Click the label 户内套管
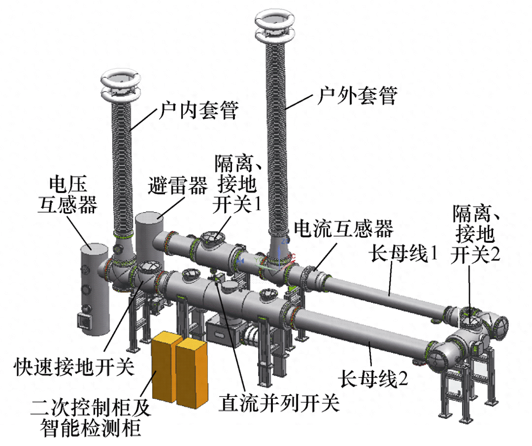point(199,110)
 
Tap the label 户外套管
point(357,96)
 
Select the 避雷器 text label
point(177,186)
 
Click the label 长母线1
point(404,254)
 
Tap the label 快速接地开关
point(74,367)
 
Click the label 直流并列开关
point(279,403)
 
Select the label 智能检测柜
point(90,427)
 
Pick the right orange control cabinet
point(192,372)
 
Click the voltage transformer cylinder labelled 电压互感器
point(94,289)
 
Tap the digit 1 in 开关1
point(258,204)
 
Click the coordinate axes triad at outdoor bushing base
point(280,255)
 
